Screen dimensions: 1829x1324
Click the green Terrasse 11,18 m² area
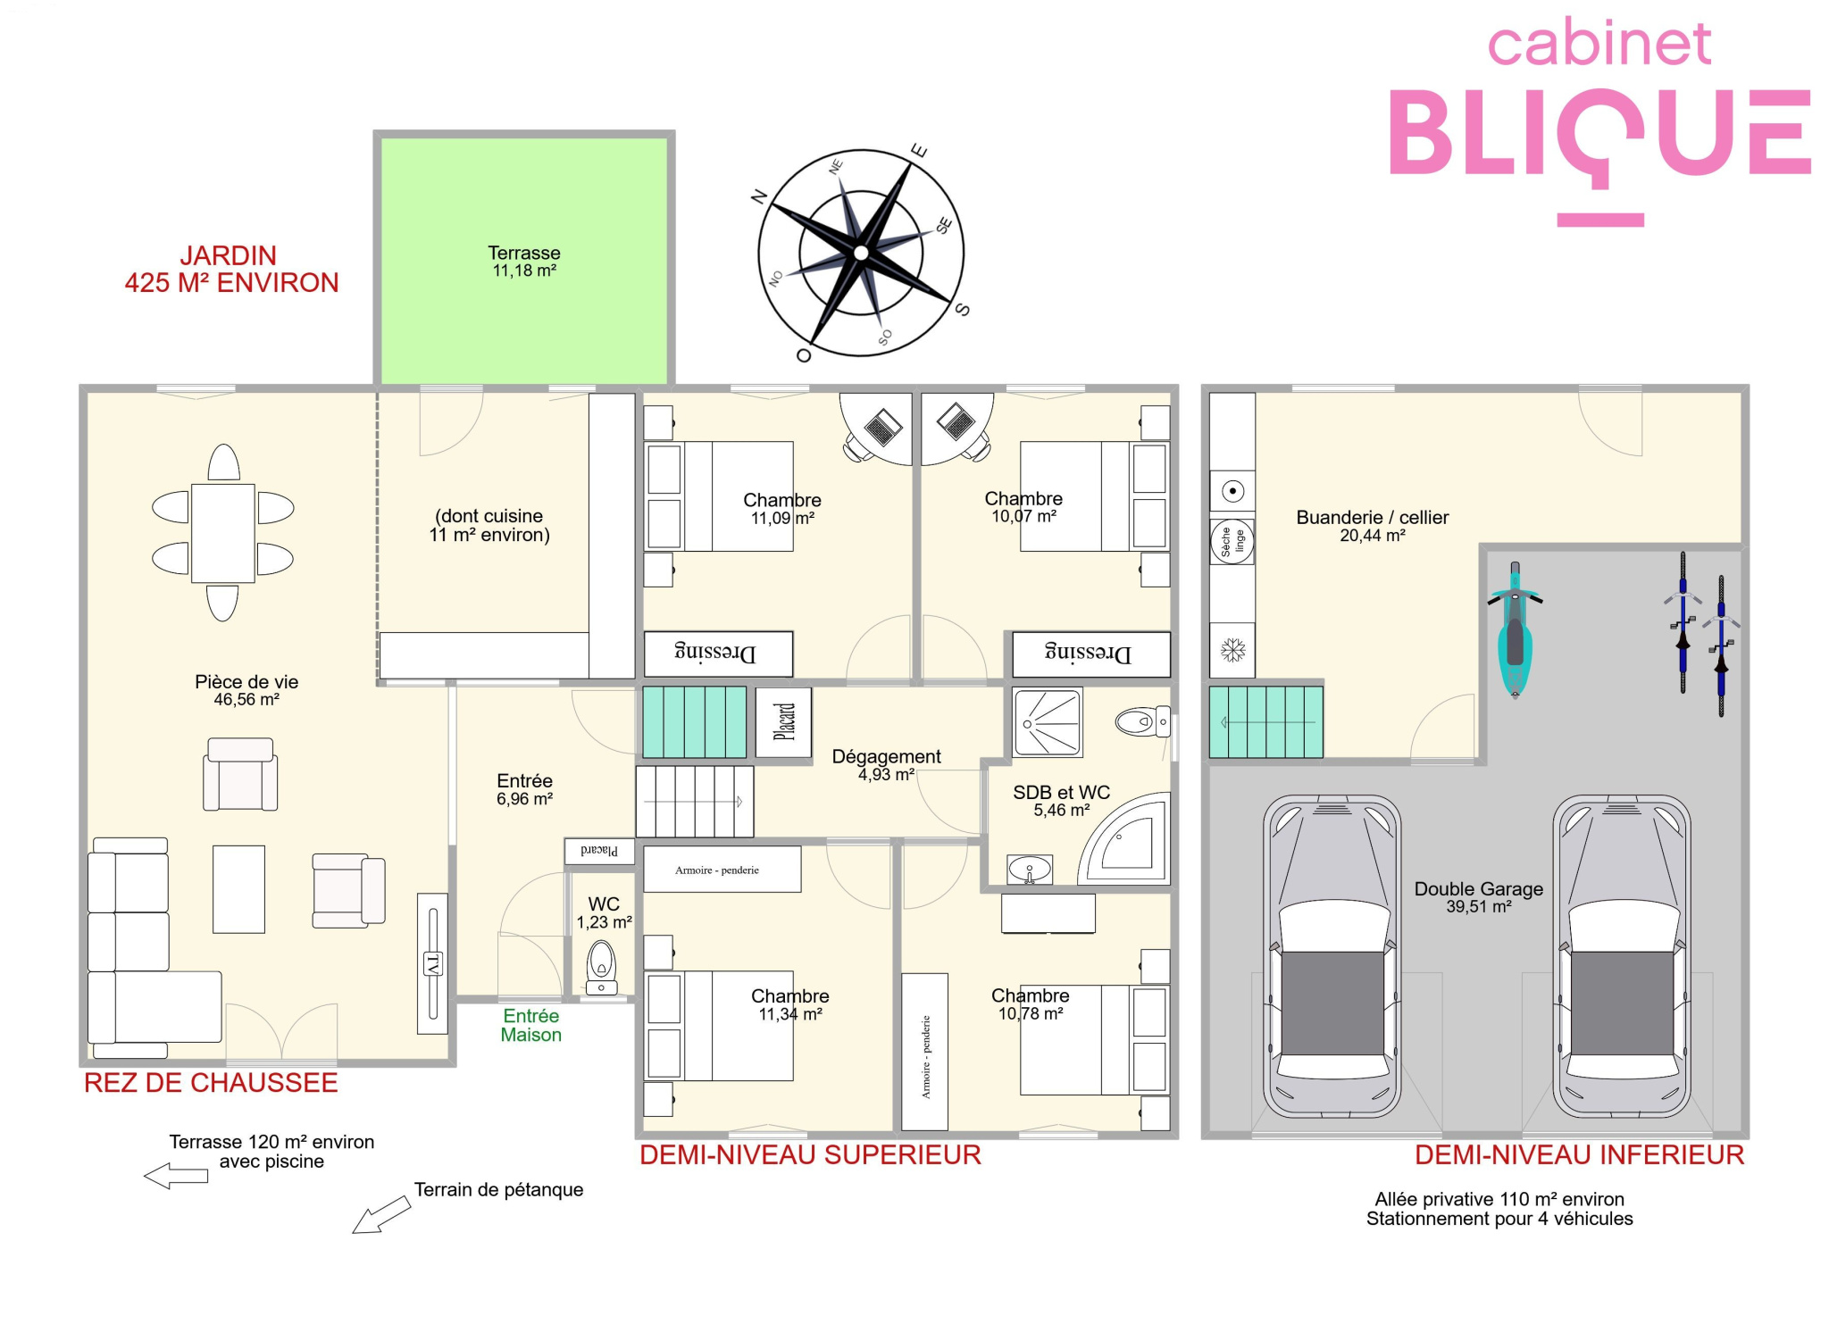pos(524,260)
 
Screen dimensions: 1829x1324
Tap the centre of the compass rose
pos(861,253)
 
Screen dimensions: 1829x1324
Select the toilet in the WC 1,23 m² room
pos(602,968)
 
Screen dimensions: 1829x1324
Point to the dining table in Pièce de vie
pos(223,533)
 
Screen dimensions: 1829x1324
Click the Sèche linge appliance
pos(1232,541)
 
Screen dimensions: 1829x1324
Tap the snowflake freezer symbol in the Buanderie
pos(1232,650)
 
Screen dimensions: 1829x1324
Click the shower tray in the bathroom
pos(1048,722)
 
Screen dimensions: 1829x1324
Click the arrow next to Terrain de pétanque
pos(381,1215)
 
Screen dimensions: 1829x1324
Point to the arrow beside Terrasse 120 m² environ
pos(176,1176)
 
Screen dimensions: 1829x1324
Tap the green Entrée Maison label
pos(530,1025)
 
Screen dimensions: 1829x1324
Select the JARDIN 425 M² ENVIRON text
pos(231,269)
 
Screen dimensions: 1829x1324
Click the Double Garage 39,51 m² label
pos(1479,897)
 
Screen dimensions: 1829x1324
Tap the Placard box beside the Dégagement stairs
pos(784,722)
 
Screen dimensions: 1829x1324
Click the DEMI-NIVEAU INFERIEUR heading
pos(1579,1155)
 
